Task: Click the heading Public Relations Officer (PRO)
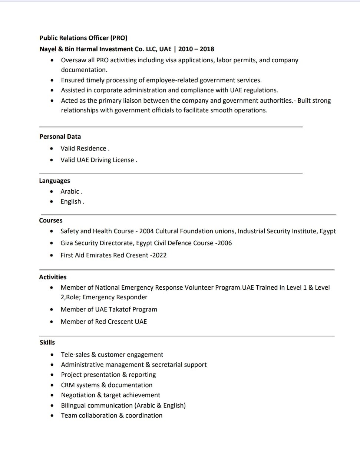pyautogui.click(x=83, y=38)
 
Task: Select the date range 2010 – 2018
pyautogui.click(x=196, y=49)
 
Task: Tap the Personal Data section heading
pyautogui.click(x=60, y=136)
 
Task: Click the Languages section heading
pyautogui.click(x=55, y=181)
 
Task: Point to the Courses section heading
pyautogui.click(x=51, y=220)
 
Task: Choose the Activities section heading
pyautogui.click(x=53, y=277)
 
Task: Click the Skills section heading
pyautogui.click(x=47, y=342)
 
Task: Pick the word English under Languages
pyautogui.click(x=71, y=201)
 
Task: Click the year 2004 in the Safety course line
pyautogui.click(x=146, y=231)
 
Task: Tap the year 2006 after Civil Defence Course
pyautogui.click(x=224, y=243)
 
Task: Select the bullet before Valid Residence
pyautogui.click(x=52, y=148)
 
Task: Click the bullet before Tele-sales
pyautogui.click(x=52, y=355)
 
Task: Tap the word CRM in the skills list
pyautogui.click(x=68, y=385)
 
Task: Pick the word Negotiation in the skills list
pyautogui.click(x=78, y=395)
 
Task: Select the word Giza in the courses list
pyautogui.click(x=67, y=243)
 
